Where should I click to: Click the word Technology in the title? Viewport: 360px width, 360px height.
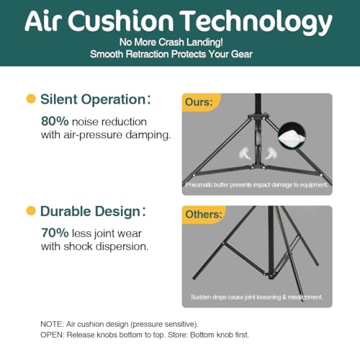[256, 22]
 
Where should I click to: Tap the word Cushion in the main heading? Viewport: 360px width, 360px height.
[120, 21]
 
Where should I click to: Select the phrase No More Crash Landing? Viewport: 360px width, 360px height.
[171, 42]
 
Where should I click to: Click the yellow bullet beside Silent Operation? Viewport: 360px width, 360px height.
[31, 99]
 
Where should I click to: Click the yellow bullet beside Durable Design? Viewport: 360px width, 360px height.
[31, 211]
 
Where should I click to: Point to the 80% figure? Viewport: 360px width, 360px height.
[55, 121]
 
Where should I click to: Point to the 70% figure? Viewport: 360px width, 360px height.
[55, 233]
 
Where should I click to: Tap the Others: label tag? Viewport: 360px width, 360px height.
[204, 215]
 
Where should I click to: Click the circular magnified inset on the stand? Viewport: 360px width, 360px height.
[292, 136]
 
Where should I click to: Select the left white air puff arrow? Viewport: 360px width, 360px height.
[245, 153]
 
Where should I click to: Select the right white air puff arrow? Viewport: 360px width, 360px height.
[271, 153]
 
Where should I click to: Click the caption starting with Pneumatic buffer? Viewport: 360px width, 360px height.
[256, 185]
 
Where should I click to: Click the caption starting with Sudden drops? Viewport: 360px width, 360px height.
[256, 297]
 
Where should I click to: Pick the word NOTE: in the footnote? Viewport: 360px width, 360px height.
[52, 324]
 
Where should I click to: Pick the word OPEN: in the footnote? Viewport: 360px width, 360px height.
[53, 335]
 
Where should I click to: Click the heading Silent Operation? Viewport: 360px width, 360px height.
[93, 99]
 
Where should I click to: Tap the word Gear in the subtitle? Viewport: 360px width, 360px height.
[242, 54]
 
